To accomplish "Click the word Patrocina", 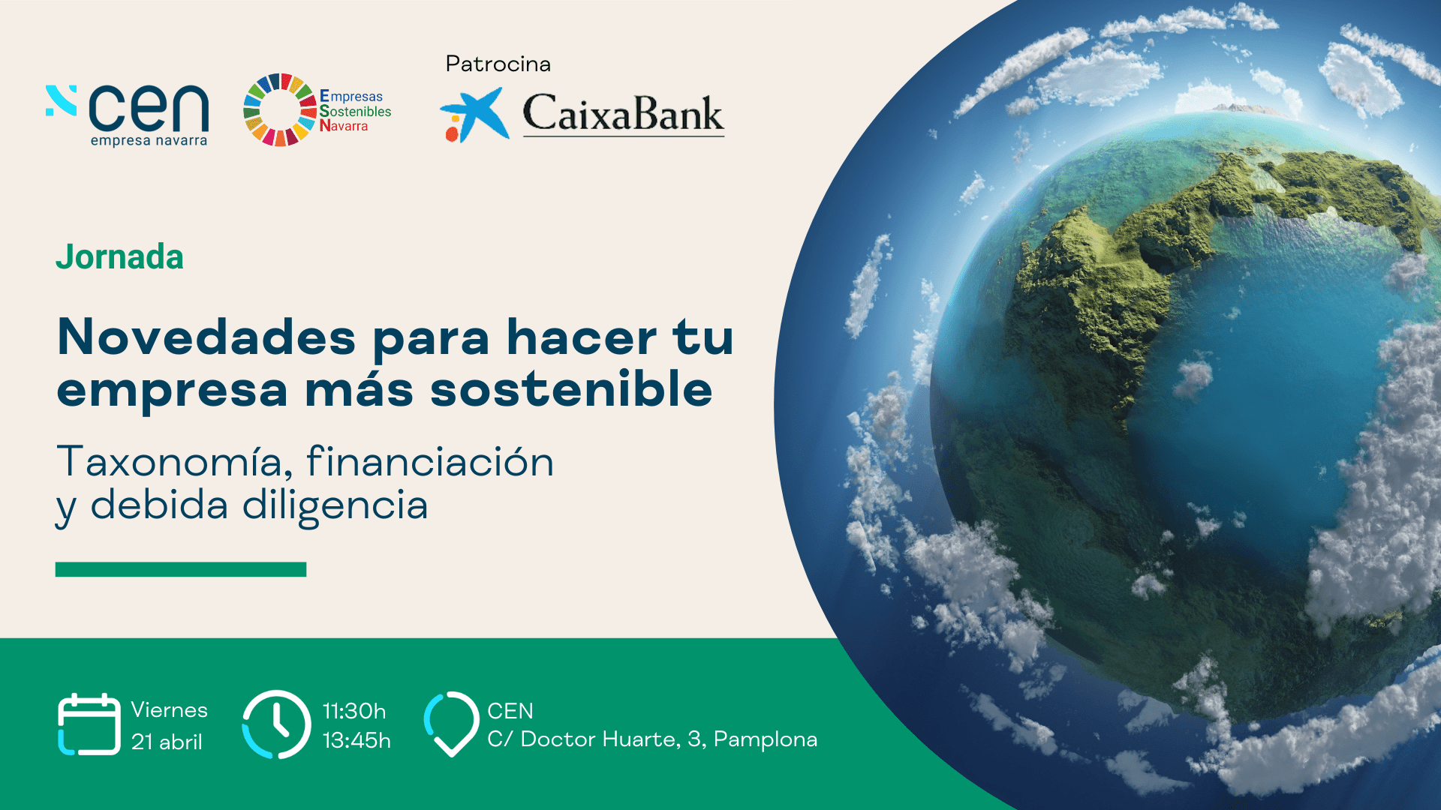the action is pos(498,64).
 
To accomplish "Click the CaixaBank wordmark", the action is pos(623,113).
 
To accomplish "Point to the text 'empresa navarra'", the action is pos(149,141).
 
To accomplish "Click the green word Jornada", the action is pos(119,257).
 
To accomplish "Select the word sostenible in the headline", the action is pos(571,389).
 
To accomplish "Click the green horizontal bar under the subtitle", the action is pos(181,569).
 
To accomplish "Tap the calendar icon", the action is pos(89,724).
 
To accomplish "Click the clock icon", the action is pos(276,724).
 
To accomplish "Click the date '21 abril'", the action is pos(167,742).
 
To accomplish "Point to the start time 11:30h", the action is pos(354,711).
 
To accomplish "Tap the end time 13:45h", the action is pos(356,741).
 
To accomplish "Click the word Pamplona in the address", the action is pos(766,740).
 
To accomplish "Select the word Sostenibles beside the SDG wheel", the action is pos(356,111).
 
